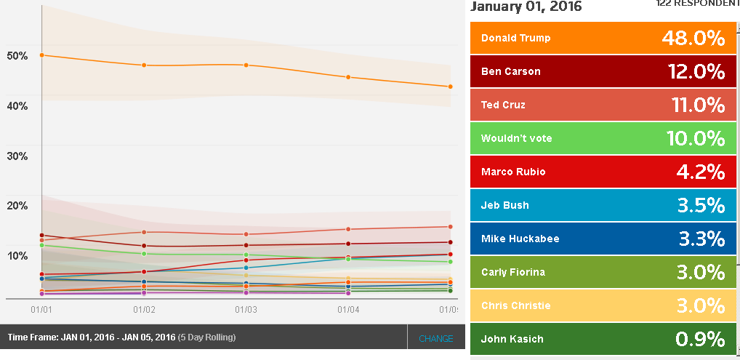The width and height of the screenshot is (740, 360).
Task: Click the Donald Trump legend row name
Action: pos(515,38)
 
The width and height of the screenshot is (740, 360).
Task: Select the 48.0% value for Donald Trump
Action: pos(693,38)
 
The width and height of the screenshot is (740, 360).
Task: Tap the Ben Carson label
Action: pos(510,71)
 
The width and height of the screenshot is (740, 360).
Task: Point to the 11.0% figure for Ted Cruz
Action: pos(696,105)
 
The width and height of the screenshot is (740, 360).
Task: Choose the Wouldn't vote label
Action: pos(516,138)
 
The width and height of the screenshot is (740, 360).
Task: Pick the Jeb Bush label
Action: pos(504,205)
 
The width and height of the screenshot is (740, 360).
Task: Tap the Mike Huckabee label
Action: pos(520,239)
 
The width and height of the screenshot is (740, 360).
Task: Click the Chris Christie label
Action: pos(515,305)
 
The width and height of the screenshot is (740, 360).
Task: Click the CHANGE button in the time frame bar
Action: pos(435,338)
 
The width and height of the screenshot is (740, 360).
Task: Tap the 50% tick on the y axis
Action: pos(17,56)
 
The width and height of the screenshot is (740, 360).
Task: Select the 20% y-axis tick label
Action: pos(17,206)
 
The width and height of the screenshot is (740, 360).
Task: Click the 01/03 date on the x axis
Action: pos(246,310)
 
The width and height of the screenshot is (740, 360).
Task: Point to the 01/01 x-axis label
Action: pos(41,310)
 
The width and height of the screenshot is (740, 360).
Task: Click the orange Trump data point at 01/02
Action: pos(144,65)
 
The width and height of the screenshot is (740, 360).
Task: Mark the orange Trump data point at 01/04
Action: pos(349,77)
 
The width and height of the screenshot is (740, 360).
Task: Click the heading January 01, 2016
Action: pos(526,7)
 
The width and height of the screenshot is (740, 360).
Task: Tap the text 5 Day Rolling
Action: pos(207,337)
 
